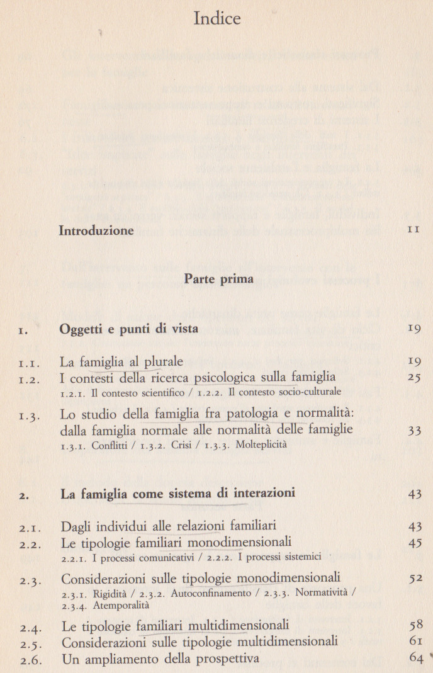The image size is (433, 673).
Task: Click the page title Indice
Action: pos(217,19)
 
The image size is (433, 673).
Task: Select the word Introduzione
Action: pos(96,230)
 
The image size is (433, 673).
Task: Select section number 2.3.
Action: pos(30,579)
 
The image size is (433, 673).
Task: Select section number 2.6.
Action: pos(30,659)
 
